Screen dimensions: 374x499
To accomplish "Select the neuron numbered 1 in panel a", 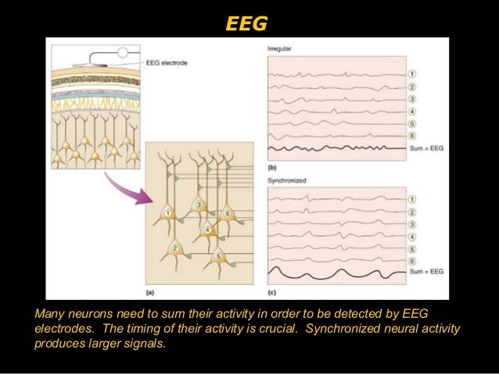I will [167, 213].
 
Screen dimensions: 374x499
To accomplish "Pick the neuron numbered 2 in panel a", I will [175, 249].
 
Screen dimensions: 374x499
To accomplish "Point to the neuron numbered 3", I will [199, 205].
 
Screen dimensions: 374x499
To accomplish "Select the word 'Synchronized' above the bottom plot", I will [285, 180].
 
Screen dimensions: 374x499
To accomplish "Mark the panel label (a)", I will [149, 293].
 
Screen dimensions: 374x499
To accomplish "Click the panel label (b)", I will [271, 168].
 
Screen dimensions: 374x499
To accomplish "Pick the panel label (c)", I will [271, 293].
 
